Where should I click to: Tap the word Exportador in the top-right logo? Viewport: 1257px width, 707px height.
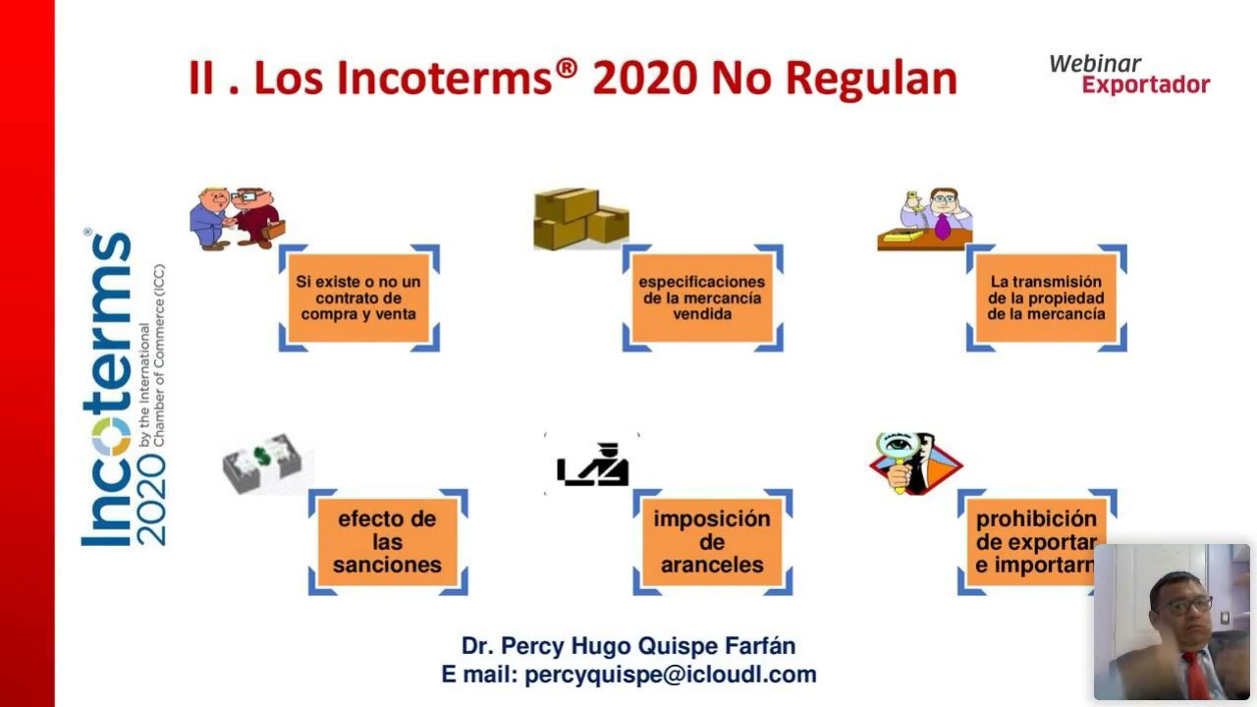coord(1145,85)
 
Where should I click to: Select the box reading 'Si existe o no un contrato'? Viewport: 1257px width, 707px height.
coord(359,298)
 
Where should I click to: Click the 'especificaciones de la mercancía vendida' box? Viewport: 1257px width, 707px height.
coord(702,298)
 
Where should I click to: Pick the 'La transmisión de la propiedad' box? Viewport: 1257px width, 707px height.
coord(1046,298)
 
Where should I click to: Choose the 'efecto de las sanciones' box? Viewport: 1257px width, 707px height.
coord(387,541)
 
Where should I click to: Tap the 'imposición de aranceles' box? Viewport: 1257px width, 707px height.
coord(712,541)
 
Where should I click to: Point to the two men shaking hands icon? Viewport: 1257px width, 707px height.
coord(237,217)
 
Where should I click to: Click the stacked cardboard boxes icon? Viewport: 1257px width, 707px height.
coord(579,218)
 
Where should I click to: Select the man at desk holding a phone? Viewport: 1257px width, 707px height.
coord(926,218)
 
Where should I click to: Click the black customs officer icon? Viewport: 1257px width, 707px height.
coord(593,463)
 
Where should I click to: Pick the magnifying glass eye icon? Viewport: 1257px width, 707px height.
coord(914,462)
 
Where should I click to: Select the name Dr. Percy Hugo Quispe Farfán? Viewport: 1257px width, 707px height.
coord(628,645)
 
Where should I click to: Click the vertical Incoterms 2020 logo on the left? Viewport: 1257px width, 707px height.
coord(123,388)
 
